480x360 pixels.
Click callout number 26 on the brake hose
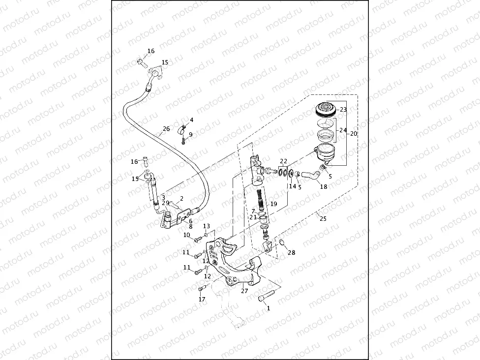pyautogui.click(x=165, y=130)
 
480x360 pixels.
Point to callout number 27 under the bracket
pyautogui.click(x=244, y=291)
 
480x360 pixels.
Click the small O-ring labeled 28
pyautogui.click(x=282, y=241)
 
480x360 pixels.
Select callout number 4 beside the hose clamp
pyautogui.click(x=191, y=120)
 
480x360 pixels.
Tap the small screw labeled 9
pyautogui.click(x=183, y=142)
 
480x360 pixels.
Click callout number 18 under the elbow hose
pyautogui.click(x=323, y=186)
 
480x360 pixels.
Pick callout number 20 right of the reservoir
pyautogui.click(x=353, y=134)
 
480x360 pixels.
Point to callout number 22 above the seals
pyautogui.click(x=283, y=161)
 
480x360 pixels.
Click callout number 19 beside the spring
pyautogui.click(x=274, y=204)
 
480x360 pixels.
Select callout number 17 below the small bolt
pyautogui.click(x=202, y=299)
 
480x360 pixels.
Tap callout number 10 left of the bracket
pyautogui.click(x=186, y=235)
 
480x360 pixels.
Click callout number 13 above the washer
pyautogui.click(x=207, y=226)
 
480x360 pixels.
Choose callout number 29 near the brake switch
pyautogui.click(x=165, y=203)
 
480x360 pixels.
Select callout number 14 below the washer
pyautogui.click(x=292, y=186)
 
